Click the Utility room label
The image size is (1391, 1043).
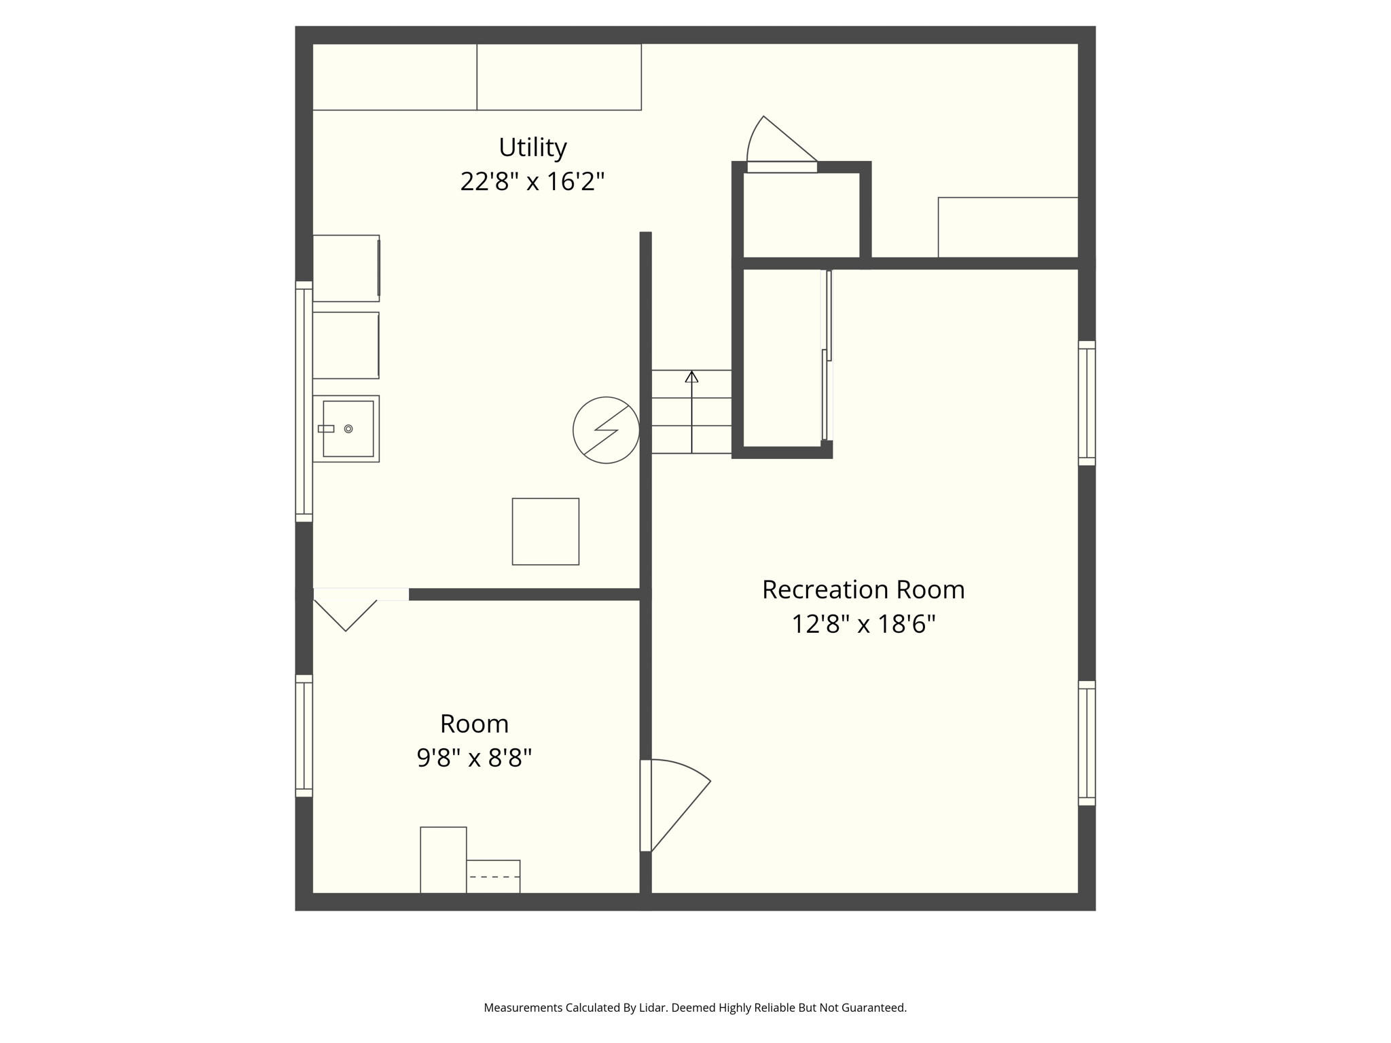pyautogui.click(x=532, y=147)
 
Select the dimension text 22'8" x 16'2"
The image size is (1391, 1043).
pyautogui.click(x=532, y=182)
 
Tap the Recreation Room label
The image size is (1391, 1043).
pyautogui.click(x=863, y=589)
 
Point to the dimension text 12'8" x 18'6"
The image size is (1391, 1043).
pyautogui.click(x=863, y=624)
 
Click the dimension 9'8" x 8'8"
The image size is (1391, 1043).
pyautogui.click(x=474, y=758)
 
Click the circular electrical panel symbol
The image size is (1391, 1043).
pyautogui.click(x=606, y=430)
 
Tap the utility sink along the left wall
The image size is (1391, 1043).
pyautogui.click(x=346, y=428)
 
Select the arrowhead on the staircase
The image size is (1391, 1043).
pyautogui.click(x=691, y=376)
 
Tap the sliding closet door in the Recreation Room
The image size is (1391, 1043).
pyautogui.click(x=827, y=356)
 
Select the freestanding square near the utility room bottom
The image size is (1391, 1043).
pyautogui.click(x=545, y=532)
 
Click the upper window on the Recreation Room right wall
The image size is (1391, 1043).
pyautogui.click(x=1087, y=403)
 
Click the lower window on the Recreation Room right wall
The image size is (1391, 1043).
pyautogui.click(x=1087, y=743)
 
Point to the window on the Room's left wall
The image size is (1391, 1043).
pyautogui.click(x=304, y=735)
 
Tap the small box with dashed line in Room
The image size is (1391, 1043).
pyautogui.click(x=493, y=877)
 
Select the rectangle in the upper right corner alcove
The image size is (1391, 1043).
pyautogui.click(x=1008, y=227)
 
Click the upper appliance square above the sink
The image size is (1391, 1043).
pyautogui.click(x=346, y=268)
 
